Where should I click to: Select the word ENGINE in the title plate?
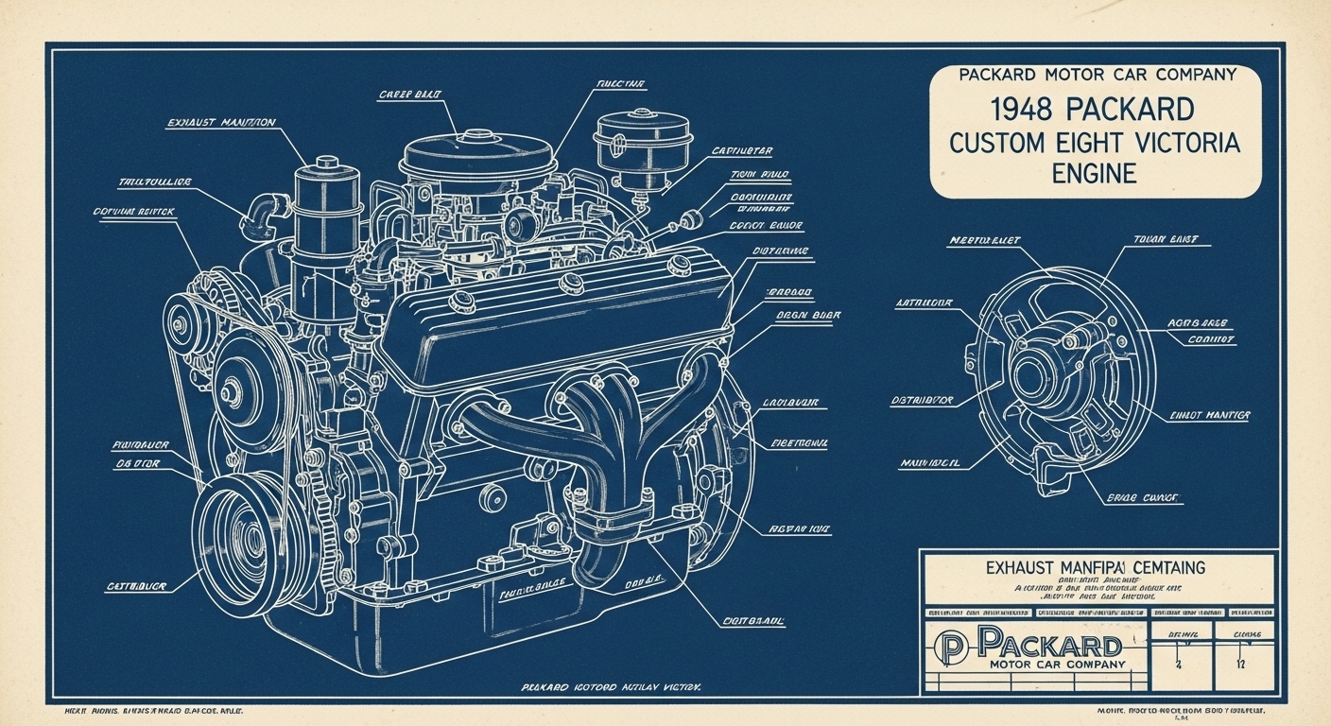pyautogui.click(x=1094, y=174)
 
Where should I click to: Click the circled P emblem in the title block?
pyautogui.click(x=950, y=648)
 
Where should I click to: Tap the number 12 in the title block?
pyautogui.click(x=1240, y=663)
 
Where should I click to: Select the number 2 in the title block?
pyautogui.click(x=1179, y=663)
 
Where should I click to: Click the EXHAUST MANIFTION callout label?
pyautogui.click(x=221, y=123)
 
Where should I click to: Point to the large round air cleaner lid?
pyautogui.click(x=477, y=154)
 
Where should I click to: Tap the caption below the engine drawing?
pyautogui.click(x=611, y=689)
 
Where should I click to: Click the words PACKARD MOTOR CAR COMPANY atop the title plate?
pyautogui.click(x=1097, y=75)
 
